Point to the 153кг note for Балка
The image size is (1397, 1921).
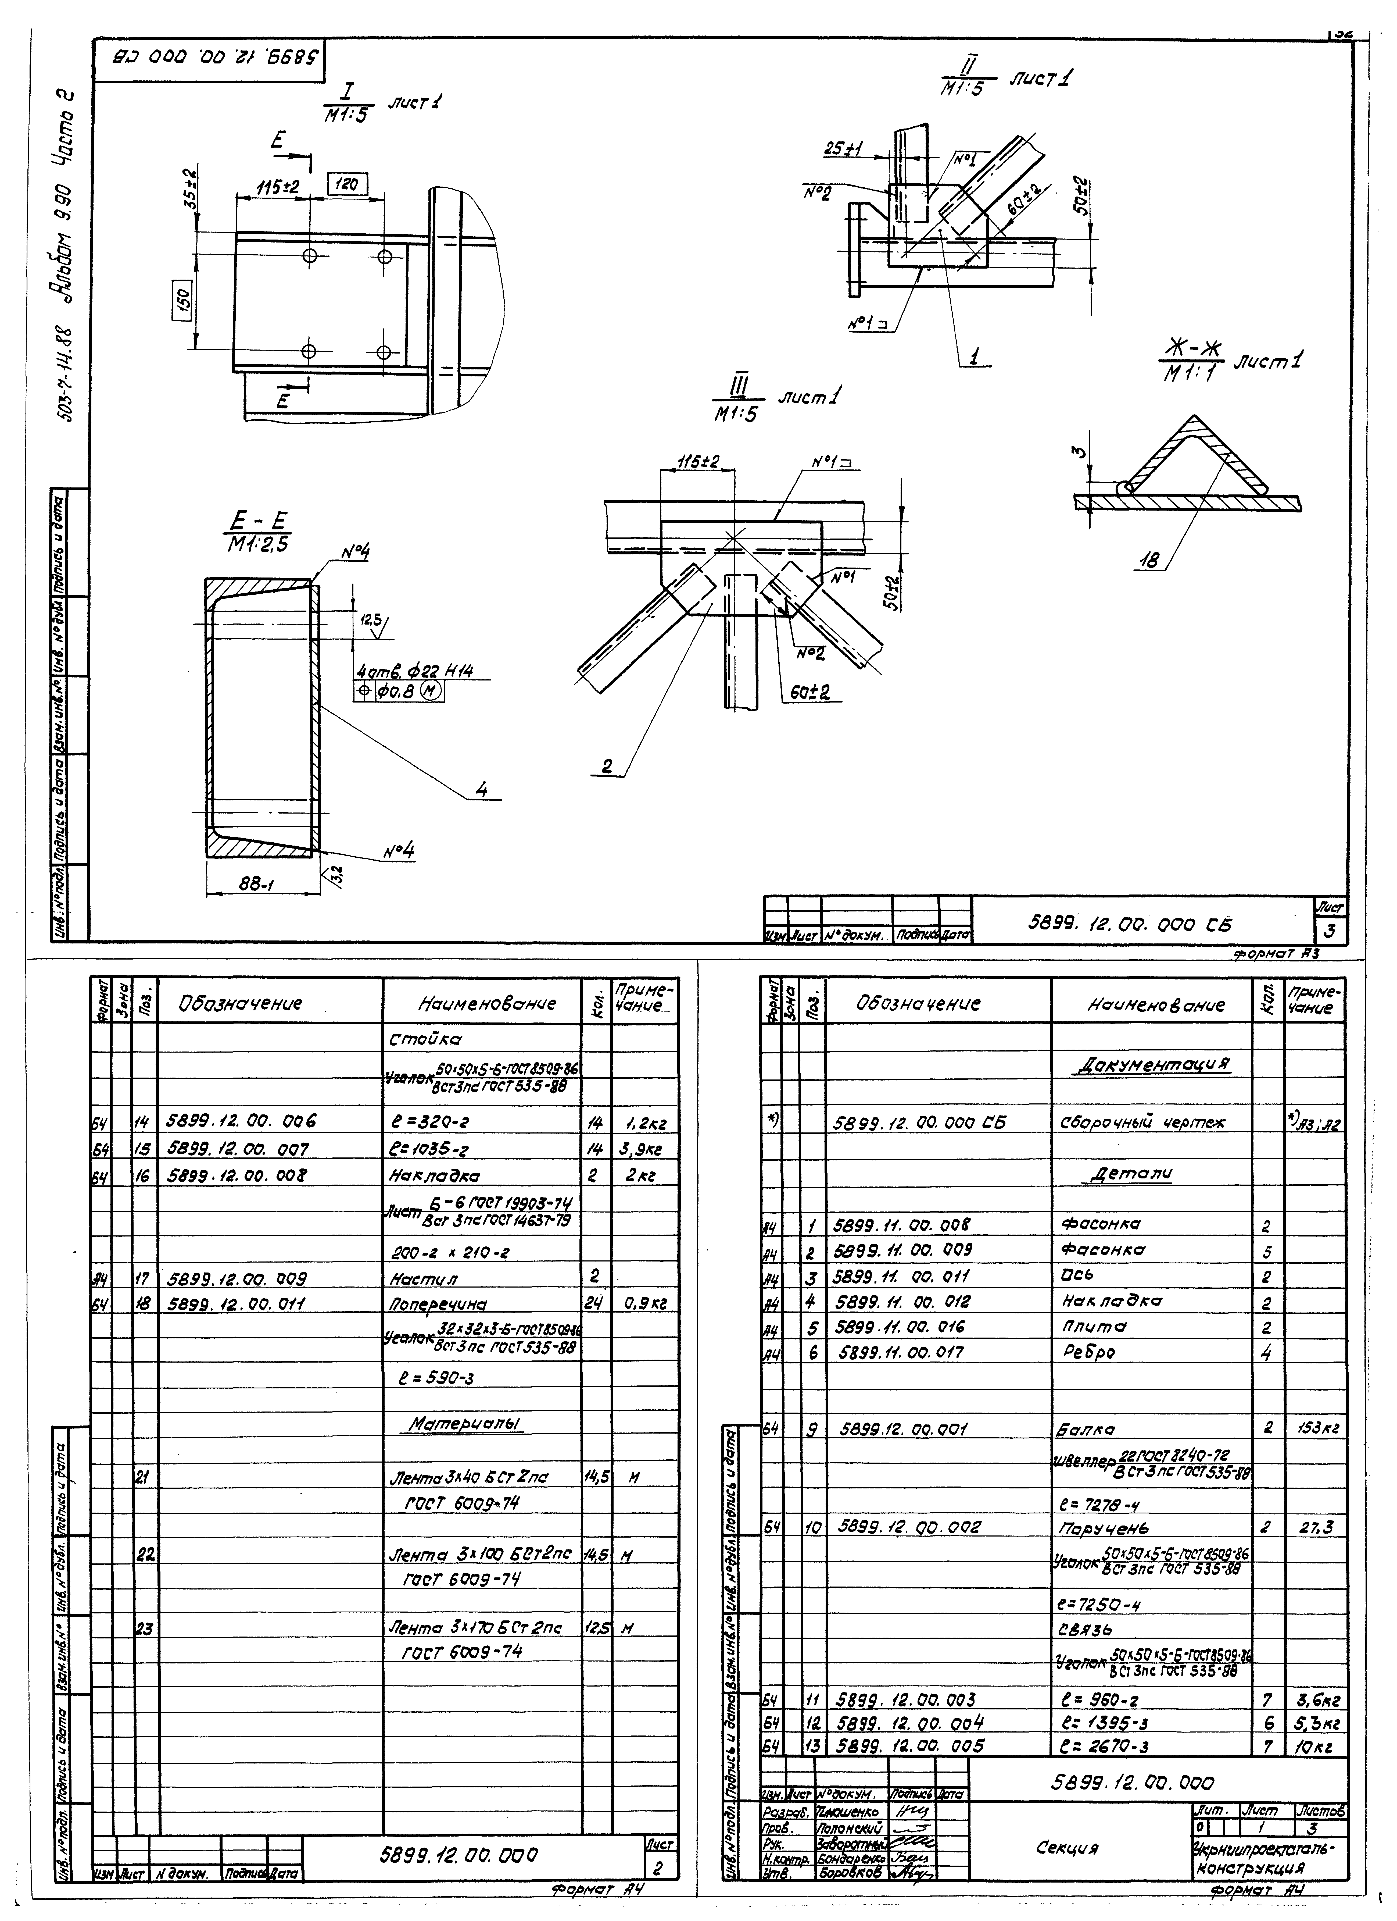tap(1315, 1428)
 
